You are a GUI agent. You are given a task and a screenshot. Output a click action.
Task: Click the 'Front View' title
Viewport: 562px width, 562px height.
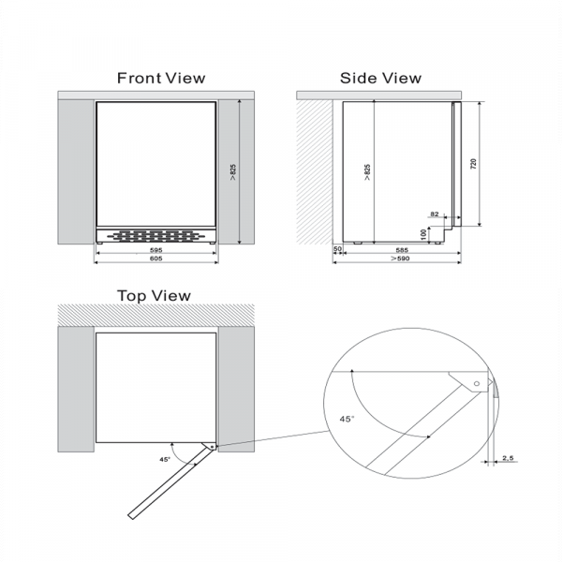[160, 79]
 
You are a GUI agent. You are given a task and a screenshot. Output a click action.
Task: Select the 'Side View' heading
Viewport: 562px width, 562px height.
[380, 79]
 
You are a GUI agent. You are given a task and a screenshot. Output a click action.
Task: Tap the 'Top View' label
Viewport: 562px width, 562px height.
[154, 296]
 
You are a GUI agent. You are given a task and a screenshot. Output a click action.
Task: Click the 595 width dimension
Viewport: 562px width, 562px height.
[156, 251]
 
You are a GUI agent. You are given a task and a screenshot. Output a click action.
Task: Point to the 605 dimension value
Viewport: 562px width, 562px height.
[156, 260]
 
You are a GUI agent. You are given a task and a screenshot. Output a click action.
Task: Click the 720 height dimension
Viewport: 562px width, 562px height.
[474, 164]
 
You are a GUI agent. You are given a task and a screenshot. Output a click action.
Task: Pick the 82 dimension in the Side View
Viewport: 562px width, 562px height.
[434, 214]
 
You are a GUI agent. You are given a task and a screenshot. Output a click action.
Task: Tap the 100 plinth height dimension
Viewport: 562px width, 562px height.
[423, 234]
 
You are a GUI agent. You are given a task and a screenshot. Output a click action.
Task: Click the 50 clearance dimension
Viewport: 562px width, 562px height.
[338, 250]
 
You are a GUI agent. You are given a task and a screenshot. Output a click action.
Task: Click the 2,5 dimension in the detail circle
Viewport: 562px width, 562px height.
[507, 458]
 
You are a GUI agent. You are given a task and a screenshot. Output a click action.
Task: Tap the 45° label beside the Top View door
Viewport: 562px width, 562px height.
[166, 460]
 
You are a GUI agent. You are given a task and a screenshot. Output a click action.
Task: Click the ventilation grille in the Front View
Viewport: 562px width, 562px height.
[156, 236]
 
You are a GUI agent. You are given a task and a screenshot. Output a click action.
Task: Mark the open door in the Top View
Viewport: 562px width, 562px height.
[169, 484]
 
